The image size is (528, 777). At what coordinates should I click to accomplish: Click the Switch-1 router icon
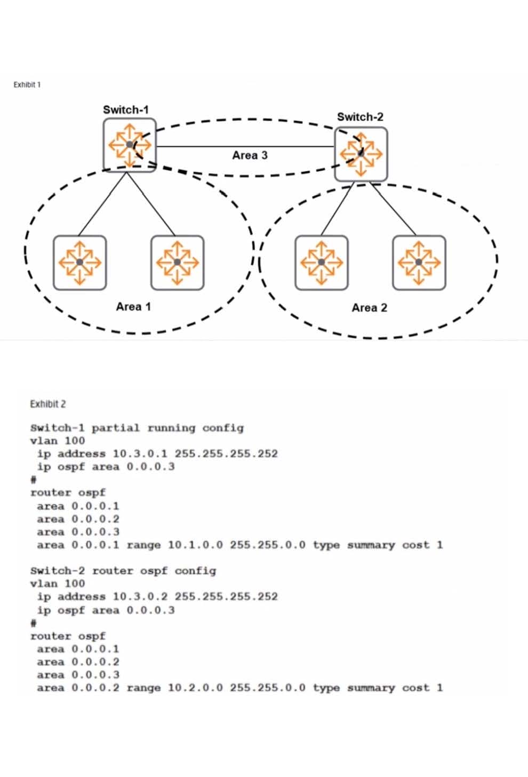click(130, 144)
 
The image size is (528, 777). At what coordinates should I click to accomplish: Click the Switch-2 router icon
click(361, 154)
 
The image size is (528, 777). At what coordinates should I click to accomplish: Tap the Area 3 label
click(250, 155)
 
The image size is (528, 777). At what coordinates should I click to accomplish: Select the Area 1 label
click(133, 306)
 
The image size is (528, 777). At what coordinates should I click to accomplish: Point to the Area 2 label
click(369, 307)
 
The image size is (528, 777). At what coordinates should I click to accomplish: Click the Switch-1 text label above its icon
click(126, 109)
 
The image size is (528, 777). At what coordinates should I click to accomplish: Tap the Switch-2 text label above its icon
click(360, 117)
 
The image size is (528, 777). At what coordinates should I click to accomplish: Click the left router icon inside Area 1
click(79, 262)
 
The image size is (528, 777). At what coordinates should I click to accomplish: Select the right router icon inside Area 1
click(177, 262)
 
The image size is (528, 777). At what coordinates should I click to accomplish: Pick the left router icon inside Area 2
click(321, 263)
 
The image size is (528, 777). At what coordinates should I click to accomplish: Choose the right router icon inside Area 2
click(419, 263)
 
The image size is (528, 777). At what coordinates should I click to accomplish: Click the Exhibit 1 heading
click(27, 84)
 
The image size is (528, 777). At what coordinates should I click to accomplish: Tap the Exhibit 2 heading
click(48, 404)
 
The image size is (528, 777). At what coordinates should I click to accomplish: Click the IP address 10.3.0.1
click(140, 454)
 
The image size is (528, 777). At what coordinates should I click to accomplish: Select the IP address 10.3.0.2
click(140, 597)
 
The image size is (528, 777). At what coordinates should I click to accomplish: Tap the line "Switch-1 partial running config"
click(137, 428)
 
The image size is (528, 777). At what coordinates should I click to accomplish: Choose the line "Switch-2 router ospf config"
click(123, 571)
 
